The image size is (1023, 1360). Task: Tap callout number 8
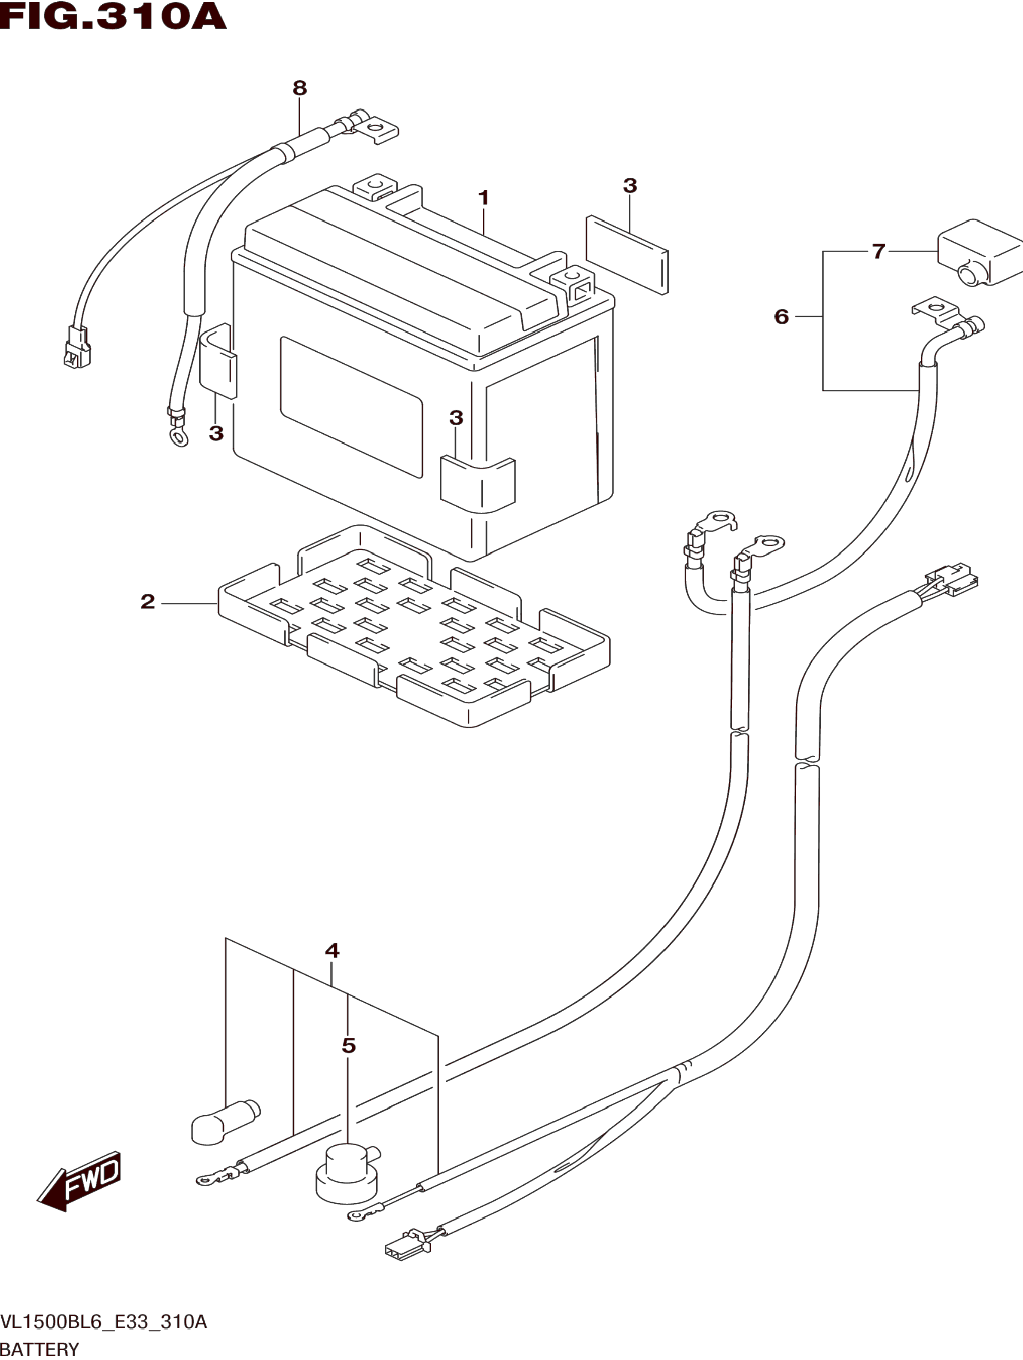(x=299, y=88)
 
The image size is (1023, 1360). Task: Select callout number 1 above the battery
(x=484, y=198)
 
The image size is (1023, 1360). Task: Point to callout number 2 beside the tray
(x=148, y=601)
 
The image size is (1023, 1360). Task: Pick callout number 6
(x=781, y=316)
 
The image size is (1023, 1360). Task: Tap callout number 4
(x=332, y=950)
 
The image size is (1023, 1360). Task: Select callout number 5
(x=349, y=1045)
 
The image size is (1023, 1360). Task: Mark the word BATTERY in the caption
(x=40, y=1350)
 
